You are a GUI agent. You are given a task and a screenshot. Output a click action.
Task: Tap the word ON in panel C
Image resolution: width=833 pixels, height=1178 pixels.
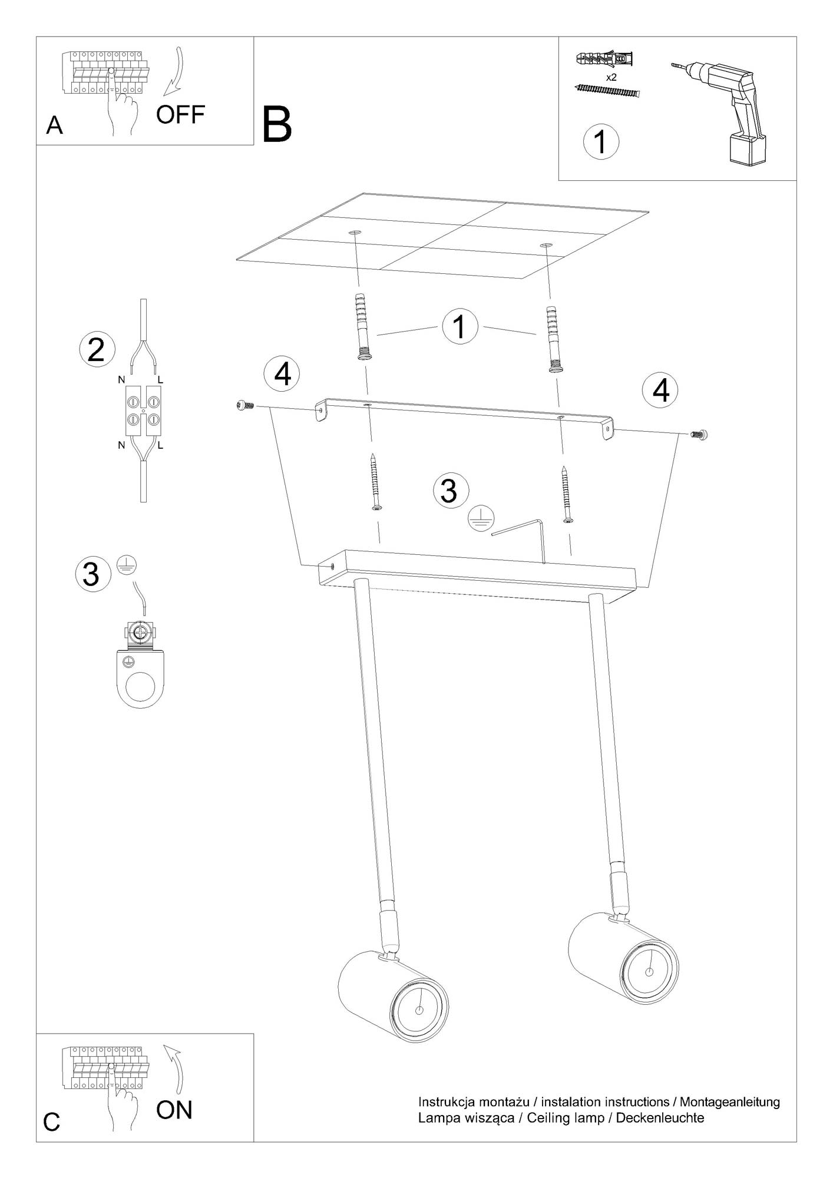[x=174, y=1110]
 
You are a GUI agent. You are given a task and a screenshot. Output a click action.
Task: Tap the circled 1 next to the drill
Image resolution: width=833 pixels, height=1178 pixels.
[x=601, y=142]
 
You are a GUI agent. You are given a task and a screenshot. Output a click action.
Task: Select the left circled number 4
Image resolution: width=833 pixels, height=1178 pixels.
[x=282, y=373]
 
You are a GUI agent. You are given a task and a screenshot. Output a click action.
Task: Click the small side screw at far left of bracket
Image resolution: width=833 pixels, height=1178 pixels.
[x=245, y=405]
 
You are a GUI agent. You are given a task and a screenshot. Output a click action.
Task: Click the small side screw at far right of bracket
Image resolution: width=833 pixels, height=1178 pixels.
[x=698, y=435]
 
